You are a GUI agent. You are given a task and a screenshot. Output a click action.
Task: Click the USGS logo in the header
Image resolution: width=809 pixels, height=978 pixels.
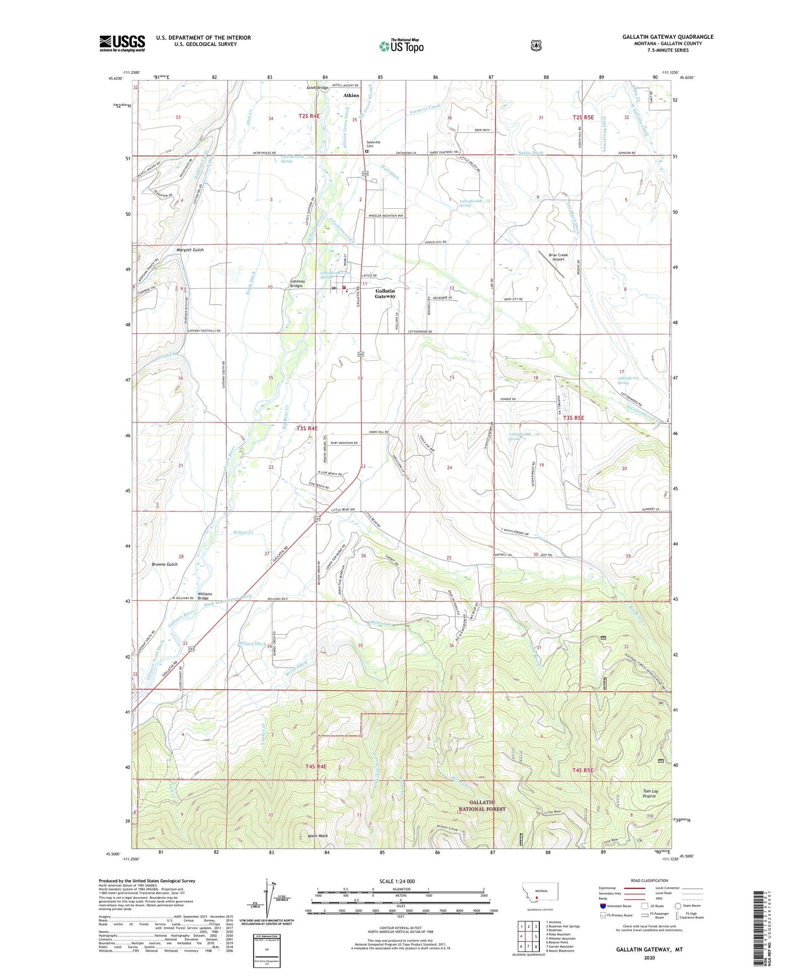122,43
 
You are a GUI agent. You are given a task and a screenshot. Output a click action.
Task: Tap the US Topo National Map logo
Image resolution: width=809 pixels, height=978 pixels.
401,46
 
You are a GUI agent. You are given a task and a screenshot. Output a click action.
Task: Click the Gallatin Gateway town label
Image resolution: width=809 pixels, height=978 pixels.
385,293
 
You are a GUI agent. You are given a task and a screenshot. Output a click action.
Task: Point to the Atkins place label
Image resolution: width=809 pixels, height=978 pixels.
351,95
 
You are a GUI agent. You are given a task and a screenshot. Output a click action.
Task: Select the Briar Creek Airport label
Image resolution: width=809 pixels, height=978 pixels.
558,257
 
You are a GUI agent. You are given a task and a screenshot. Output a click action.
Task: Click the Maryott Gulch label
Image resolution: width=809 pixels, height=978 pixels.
190,250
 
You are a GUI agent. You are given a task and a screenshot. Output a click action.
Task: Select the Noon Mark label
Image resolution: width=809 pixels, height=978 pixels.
318,836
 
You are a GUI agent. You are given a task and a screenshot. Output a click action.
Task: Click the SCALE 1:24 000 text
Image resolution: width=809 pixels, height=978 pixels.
397,881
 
